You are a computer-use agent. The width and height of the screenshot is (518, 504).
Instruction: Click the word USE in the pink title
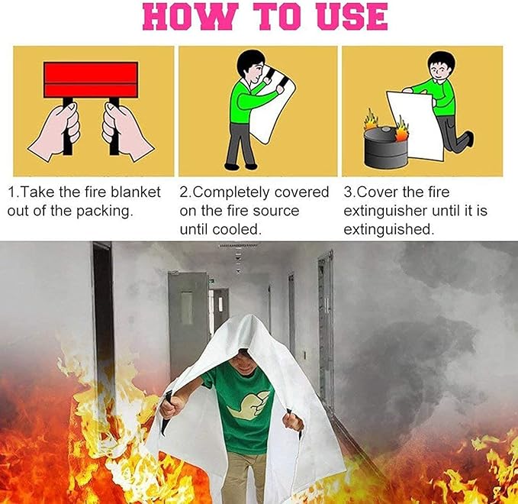pos(349,18)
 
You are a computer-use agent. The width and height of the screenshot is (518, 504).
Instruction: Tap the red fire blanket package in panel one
pos(91,79)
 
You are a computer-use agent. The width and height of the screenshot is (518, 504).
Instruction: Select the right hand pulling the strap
pos(126,130)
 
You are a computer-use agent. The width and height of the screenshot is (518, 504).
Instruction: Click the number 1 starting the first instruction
pos(11,192)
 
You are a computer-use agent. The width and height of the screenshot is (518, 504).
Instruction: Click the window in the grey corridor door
pos(187,308)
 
